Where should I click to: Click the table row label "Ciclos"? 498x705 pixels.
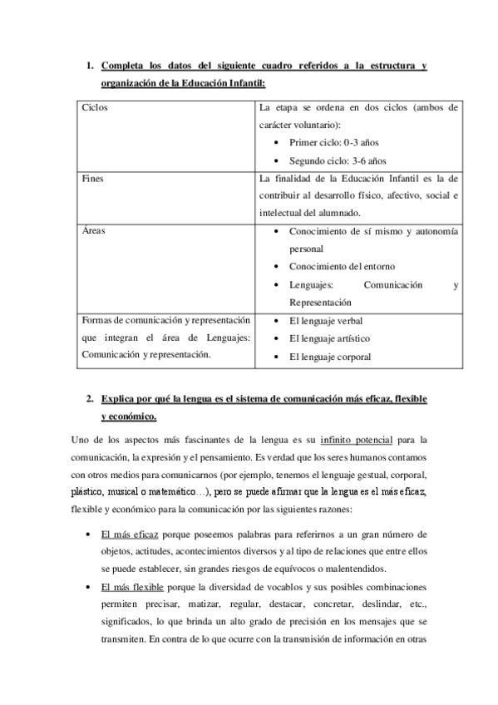point(95,107)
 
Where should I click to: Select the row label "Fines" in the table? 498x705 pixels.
point(92,178)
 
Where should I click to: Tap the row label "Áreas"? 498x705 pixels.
point(93,230)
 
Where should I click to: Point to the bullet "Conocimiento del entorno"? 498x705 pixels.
point(342,267)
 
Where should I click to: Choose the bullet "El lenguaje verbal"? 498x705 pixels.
point(325,320)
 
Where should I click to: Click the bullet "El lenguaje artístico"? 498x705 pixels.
point(329,338)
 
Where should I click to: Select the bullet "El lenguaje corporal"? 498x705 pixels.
point(329,357)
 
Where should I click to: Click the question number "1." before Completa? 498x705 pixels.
point(89,66)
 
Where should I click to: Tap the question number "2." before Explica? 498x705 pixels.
point(89,399)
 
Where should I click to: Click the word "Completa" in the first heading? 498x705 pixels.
point(123,66)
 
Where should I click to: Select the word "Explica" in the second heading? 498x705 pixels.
point(119,399)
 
